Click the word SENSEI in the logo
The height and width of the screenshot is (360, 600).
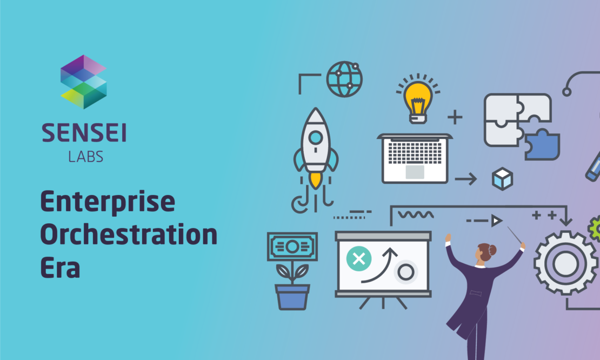point(84,133)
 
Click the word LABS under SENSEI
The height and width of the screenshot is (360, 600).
point(86,156)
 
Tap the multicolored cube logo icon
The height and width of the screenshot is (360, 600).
point(83,82)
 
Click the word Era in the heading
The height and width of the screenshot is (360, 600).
point(60,267)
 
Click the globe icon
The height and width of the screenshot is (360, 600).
point(344,79)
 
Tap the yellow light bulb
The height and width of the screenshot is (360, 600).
point(418,99)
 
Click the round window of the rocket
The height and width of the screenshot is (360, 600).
point(315,137)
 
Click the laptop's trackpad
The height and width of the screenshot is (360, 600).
point(415,172)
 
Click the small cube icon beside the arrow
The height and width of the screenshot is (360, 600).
point(502,179)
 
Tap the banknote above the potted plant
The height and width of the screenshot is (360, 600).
point(292,246)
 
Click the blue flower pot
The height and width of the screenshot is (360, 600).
point(292,297)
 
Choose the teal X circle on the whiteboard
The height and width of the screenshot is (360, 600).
point(358,259)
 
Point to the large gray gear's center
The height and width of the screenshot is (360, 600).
point(565,264)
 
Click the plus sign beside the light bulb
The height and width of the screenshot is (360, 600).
point(455,117)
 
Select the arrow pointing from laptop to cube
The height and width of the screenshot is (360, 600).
point(466,179)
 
